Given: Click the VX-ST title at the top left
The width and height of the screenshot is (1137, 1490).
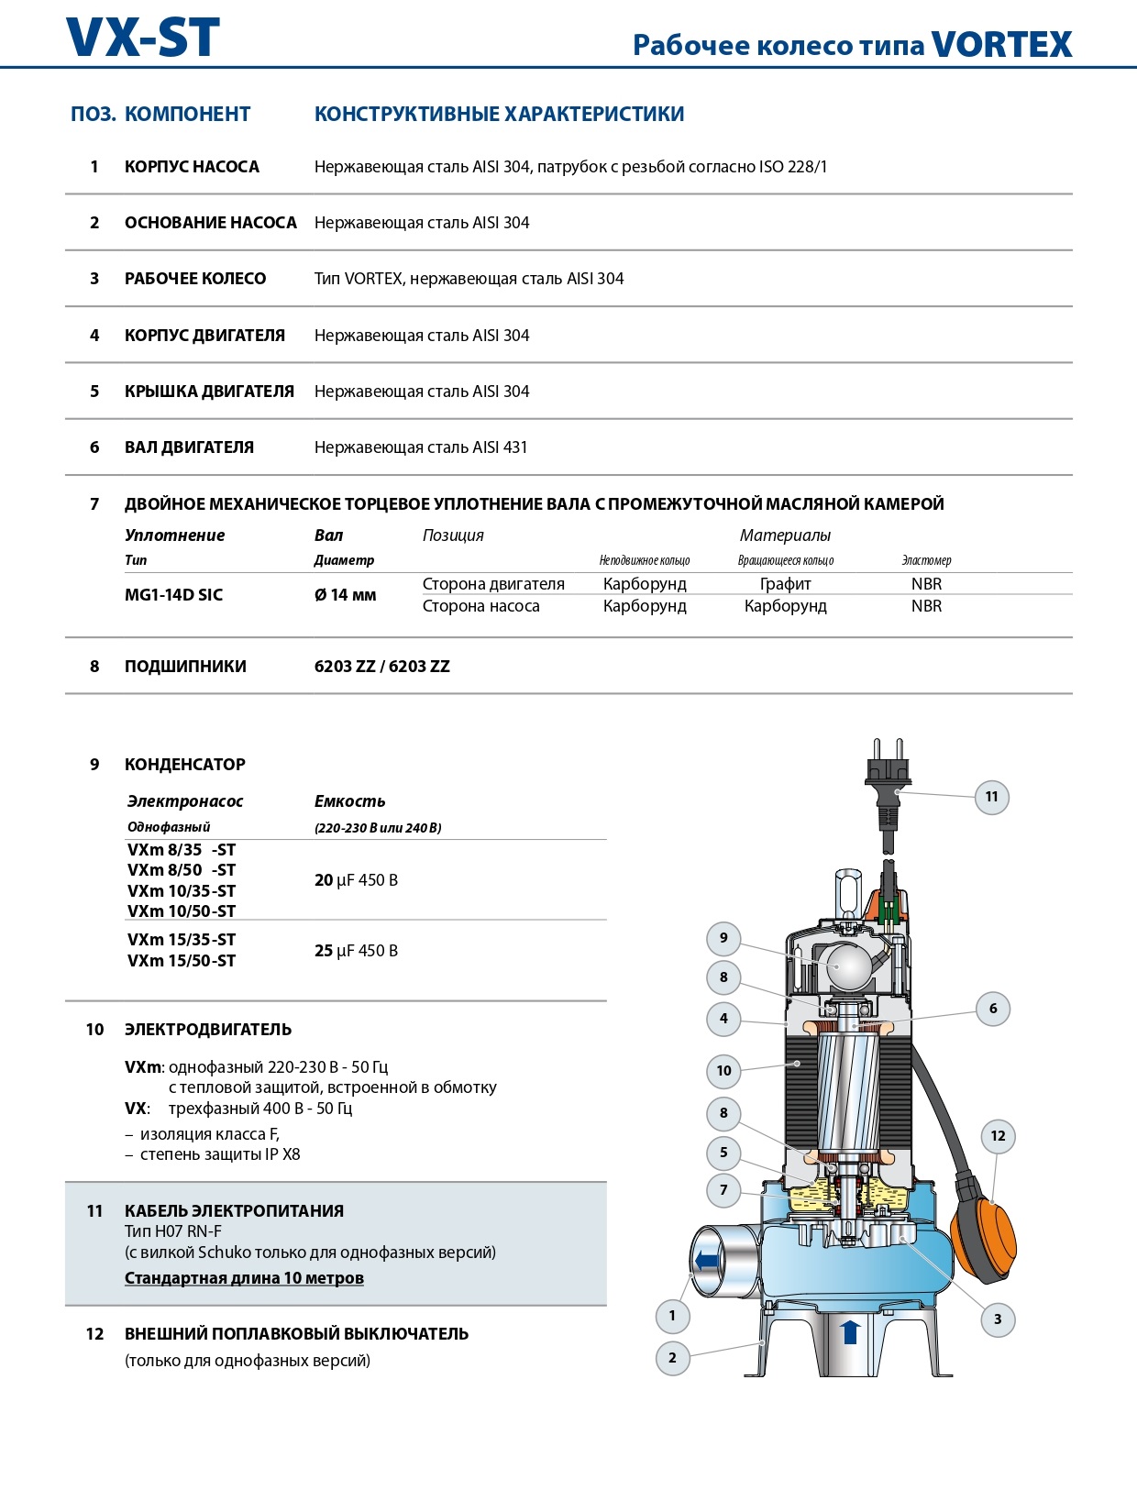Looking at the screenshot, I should pyautogui.click(x=143, y=39).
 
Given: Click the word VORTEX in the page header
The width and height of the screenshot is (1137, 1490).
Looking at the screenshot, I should pyautogui.click(x=1001, y=44).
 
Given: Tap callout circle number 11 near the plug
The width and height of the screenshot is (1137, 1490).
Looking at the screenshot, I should pyautogui.click(x=991, y=797).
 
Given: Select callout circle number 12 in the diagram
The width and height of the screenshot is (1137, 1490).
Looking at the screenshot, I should pyautogui.click(x=998, y=1136).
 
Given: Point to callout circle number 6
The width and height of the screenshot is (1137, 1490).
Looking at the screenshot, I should pyautogui.click(x=993, y=1009).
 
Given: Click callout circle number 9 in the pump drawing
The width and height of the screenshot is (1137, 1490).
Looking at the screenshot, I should pyautogui.click(x=723, y=938).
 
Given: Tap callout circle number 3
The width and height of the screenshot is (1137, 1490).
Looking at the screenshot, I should pyautogui.click(x=998, y=1319).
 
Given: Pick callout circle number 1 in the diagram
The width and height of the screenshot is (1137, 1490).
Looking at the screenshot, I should pyautogui.click(x=672, y=1316).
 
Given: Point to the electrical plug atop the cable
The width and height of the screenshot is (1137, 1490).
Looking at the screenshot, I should pyautogui.click(x=886, y=775).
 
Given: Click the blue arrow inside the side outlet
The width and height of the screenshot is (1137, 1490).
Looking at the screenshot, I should pyautogui.click(x=707, y=1261).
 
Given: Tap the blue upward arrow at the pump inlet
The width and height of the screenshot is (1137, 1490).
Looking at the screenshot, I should pyautogui.click(x=850, y=1331).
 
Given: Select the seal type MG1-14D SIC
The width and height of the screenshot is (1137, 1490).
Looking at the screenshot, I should pyautogui.click(x=173, y=595).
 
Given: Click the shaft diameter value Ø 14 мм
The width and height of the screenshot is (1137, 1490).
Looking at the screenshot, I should pyautogui.click(x=345, y=595).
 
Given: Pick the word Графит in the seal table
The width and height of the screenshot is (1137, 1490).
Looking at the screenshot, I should pyautogui.click(x=785, y=584).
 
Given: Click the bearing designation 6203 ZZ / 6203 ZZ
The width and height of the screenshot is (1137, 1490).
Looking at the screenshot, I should pyautogui.click(x=381, y=667).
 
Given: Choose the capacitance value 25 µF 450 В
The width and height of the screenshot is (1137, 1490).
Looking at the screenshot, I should pyautogui.click(x=356, y=951).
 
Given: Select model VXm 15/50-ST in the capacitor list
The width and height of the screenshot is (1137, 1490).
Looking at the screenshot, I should pyautogui.click(x=182, y=961).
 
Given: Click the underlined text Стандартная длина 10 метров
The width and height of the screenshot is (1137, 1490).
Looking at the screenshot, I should pyautogui.click(x=244, y=1278).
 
